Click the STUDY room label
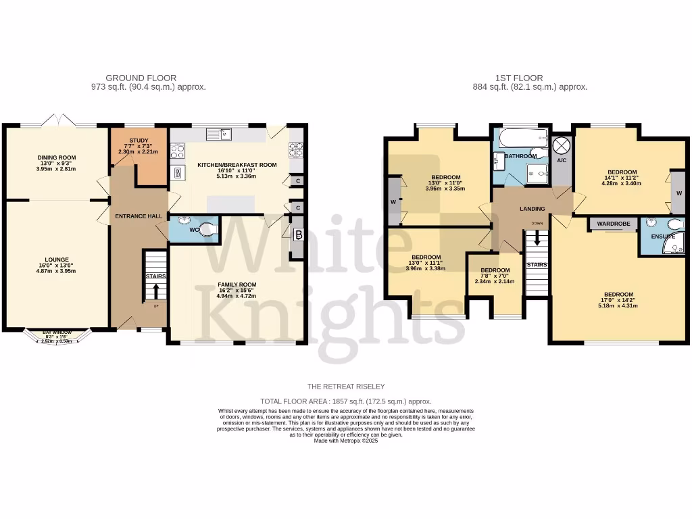[139, 141]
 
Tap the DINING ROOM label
[56, 157]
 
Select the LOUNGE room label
[57, 258]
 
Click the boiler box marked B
[297, 236]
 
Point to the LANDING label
[532, 209]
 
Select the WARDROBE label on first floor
[613, 224]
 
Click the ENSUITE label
[663, 237]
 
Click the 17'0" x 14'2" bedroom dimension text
[618, 305]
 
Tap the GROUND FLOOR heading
[148, 78]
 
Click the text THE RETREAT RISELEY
[345, 387]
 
